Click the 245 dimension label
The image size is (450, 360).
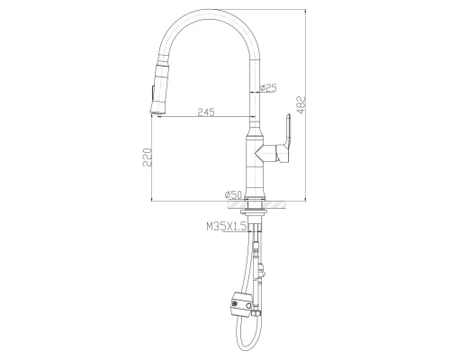205,112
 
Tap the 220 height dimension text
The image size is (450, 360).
145,158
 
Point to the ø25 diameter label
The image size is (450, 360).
267,87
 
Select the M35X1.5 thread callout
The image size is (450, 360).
226,229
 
